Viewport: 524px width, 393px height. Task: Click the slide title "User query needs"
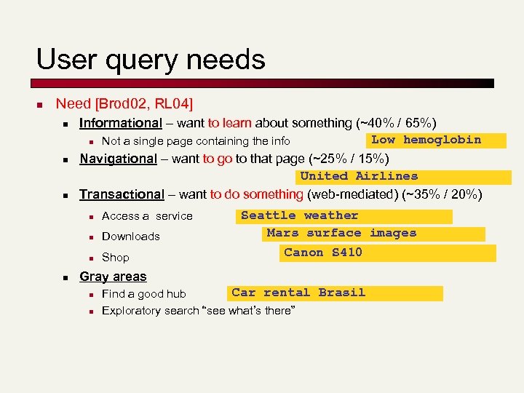click(x=151, y=59)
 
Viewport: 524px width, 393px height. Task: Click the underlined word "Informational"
click(x=120, y=123)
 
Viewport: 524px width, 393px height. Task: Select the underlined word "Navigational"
click(x=118, y=159)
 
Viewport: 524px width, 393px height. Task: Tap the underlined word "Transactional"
click(x=122, y=194)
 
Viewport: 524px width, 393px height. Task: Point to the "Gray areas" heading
click(x=113, y=277)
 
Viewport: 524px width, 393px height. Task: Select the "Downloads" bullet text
click(x=131, y=237)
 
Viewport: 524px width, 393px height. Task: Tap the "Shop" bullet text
click(x=116, y=258)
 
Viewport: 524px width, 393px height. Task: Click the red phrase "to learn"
click(x=229, y=123)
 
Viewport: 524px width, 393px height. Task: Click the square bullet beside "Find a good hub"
click(x=90, y=295)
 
